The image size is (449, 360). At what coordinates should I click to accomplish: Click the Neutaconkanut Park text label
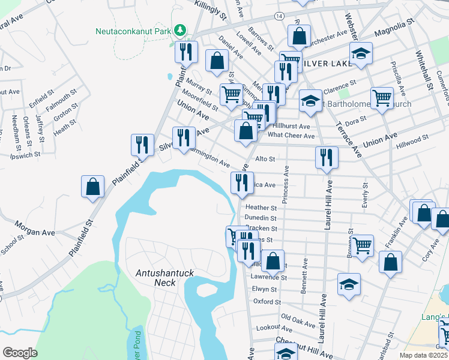(132, 31)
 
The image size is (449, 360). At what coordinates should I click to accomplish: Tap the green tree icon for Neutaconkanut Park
(179, 30)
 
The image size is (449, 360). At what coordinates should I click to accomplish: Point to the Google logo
(20, 353)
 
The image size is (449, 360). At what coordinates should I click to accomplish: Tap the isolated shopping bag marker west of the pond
(93, 187)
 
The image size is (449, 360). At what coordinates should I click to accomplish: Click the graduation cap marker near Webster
(361, 55)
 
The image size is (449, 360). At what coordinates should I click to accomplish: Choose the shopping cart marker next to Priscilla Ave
(382, 98)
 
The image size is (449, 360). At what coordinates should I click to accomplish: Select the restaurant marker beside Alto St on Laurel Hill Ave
(327, 158)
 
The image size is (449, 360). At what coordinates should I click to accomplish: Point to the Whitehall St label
(424, 69)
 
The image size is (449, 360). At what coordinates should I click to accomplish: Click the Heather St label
(261, 207)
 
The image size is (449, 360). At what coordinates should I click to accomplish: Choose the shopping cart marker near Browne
(363, 245)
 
